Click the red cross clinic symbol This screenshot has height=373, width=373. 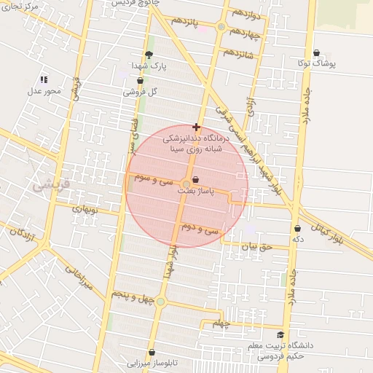tap(196, 127)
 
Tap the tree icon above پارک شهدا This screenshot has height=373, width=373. tap(149, 55)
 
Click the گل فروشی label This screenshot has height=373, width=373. tap(141, 93)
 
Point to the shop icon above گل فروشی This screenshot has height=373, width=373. tap(140, 81)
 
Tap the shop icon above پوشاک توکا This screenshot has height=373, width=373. tap(316, 53)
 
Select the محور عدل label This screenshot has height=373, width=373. tap(44, 91)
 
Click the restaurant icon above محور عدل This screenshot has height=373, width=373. tap(44, 79)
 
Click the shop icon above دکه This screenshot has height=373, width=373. tap(297, 229)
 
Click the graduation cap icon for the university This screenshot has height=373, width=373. tap(280, 335)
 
